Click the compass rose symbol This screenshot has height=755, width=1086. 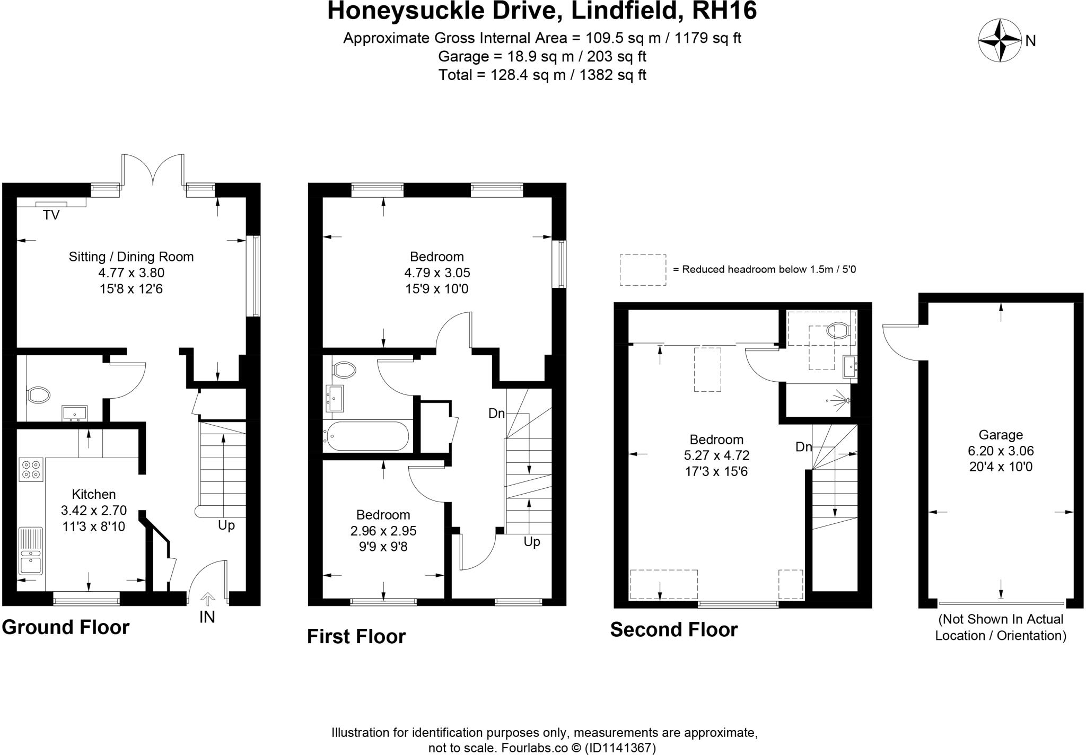tap(1000, 40)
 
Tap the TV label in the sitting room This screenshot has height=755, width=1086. tap(51, 215)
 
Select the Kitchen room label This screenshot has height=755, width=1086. tap(93, 494)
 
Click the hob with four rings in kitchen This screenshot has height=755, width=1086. tap(31, 469)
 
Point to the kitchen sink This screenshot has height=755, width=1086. tap(31, 551)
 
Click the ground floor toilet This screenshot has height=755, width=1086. tap(38, 394)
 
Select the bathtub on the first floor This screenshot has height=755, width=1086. tap(366, 436)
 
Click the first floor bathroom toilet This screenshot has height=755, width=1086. tap(344, 368)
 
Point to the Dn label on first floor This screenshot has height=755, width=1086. tap(496, 414)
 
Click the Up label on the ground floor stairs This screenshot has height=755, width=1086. tap(226, 525)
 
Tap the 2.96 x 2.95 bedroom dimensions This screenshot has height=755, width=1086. tap(383, 531)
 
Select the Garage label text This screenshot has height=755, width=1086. tap(1000, 435)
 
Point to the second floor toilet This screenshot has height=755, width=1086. tap(838, 331)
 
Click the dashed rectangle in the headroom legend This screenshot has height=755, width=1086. tap(643, 270)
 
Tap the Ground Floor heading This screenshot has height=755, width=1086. tap(66, 627)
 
